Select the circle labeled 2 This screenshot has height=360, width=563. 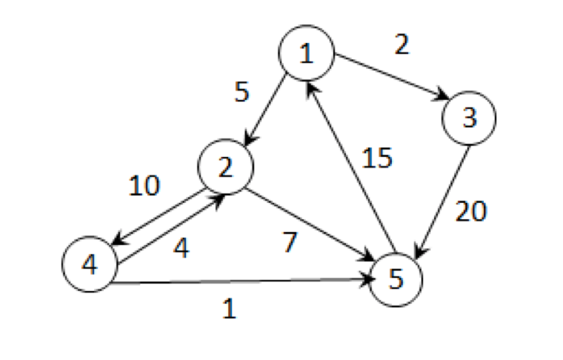[x=226, y=167]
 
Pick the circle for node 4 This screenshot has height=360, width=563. [x=90, y=264]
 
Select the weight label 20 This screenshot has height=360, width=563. [x=471, y=212]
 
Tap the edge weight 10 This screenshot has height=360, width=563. [x=144, y=187]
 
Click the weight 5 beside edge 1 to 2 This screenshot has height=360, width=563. [x=241, y=93]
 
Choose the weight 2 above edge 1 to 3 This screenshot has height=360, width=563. [x=401, y=46]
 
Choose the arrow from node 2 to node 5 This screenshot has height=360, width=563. [x=311, y=223]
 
